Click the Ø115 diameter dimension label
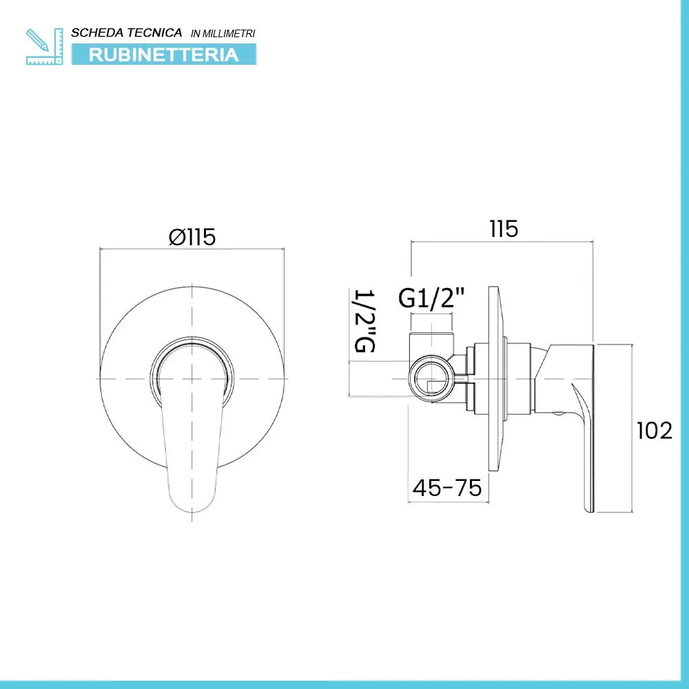click(192, 237)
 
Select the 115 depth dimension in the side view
click(504, 229)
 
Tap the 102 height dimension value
click(654, 431)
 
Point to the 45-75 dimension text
click(446, 488)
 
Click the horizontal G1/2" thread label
click(432, 298)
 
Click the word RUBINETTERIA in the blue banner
click(163, 54)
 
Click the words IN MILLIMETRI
click(223, 33)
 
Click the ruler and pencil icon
click(43, 46)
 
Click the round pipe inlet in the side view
click(431, 378)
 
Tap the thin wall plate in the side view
click(493, 379)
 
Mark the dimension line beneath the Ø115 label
click(192, 249)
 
